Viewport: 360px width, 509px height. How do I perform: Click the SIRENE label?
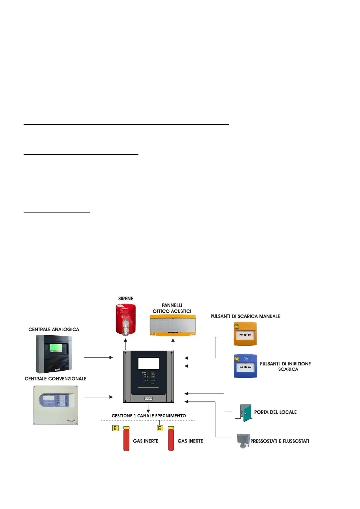[125, 299]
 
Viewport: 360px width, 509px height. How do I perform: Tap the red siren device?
[126, 319]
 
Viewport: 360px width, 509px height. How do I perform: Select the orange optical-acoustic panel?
[173, 325]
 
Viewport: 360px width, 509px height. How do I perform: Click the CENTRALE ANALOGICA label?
[54, 329]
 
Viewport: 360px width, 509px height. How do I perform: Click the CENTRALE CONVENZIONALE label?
[55, 379]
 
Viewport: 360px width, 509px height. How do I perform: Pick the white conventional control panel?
[56, 405]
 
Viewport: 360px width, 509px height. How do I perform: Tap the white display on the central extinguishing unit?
[148, 364]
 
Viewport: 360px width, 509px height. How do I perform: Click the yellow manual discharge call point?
[245, 334]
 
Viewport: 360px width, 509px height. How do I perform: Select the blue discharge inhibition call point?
[245, 366]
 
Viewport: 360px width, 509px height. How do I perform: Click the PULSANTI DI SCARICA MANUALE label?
[245, 316]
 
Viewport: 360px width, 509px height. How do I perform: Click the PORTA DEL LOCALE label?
[275, 412]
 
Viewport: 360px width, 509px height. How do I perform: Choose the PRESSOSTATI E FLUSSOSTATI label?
[280, 441]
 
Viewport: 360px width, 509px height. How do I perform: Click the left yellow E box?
[115, 428]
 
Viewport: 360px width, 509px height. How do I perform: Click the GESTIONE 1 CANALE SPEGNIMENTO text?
[149, 416]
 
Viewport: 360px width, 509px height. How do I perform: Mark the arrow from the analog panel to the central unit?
[98, 357]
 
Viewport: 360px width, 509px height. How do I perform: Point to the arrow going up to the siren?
[126, 344]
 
